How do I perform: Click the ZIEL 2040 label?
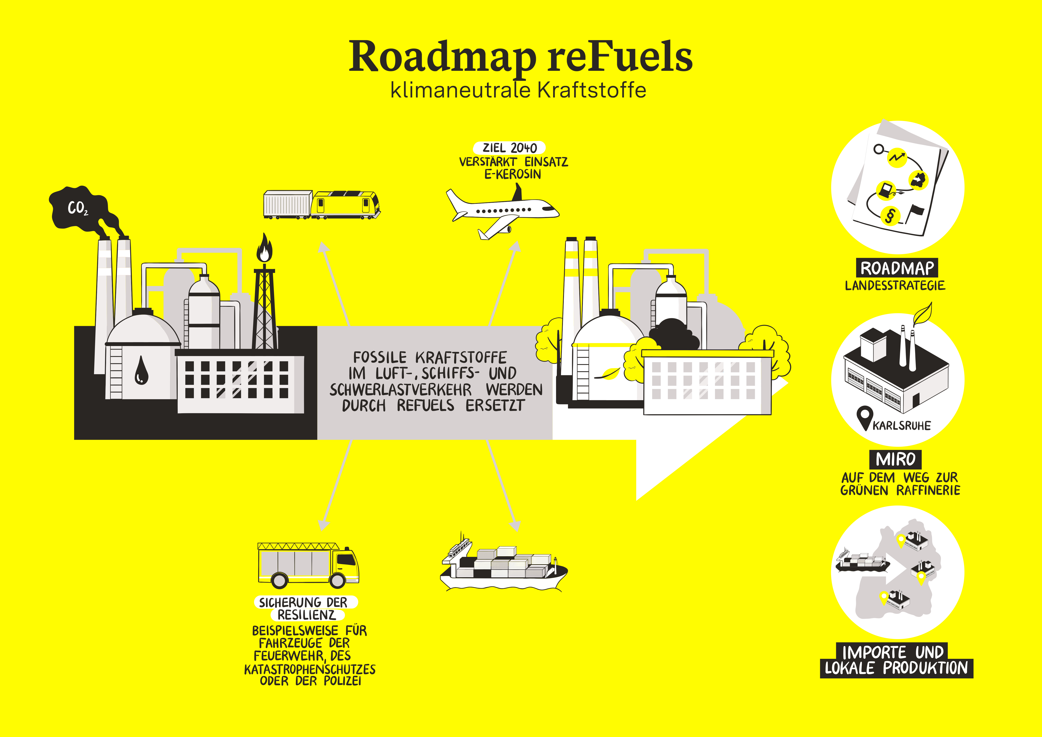coord(509,148)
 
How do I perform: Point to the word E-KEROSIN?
coord(513,174)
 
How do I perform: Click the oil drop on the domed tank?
coord(141,370)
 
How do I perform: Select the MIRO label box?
coord(895,459)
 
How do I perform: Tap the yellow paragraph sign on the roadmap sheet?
coord(890,216)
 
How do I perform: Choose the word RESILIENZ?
coord(307,615)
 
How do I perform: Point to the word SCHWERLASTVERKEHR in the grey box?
coord(400,390)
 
